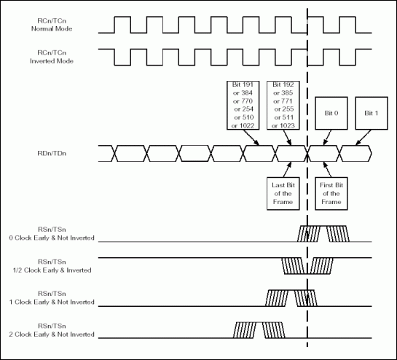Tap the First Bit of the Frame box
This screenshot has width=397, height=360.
(331, 192)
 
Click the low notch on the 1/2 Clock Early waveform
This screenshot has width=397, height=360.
(307, 266)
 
